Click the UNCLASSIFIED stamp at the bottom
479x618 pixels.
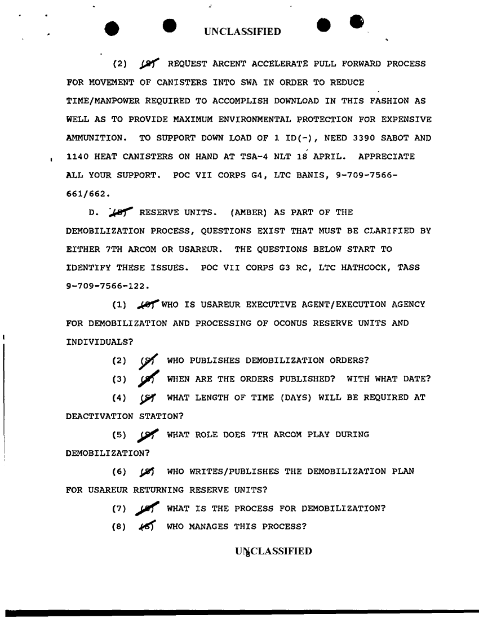[273, 551]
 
